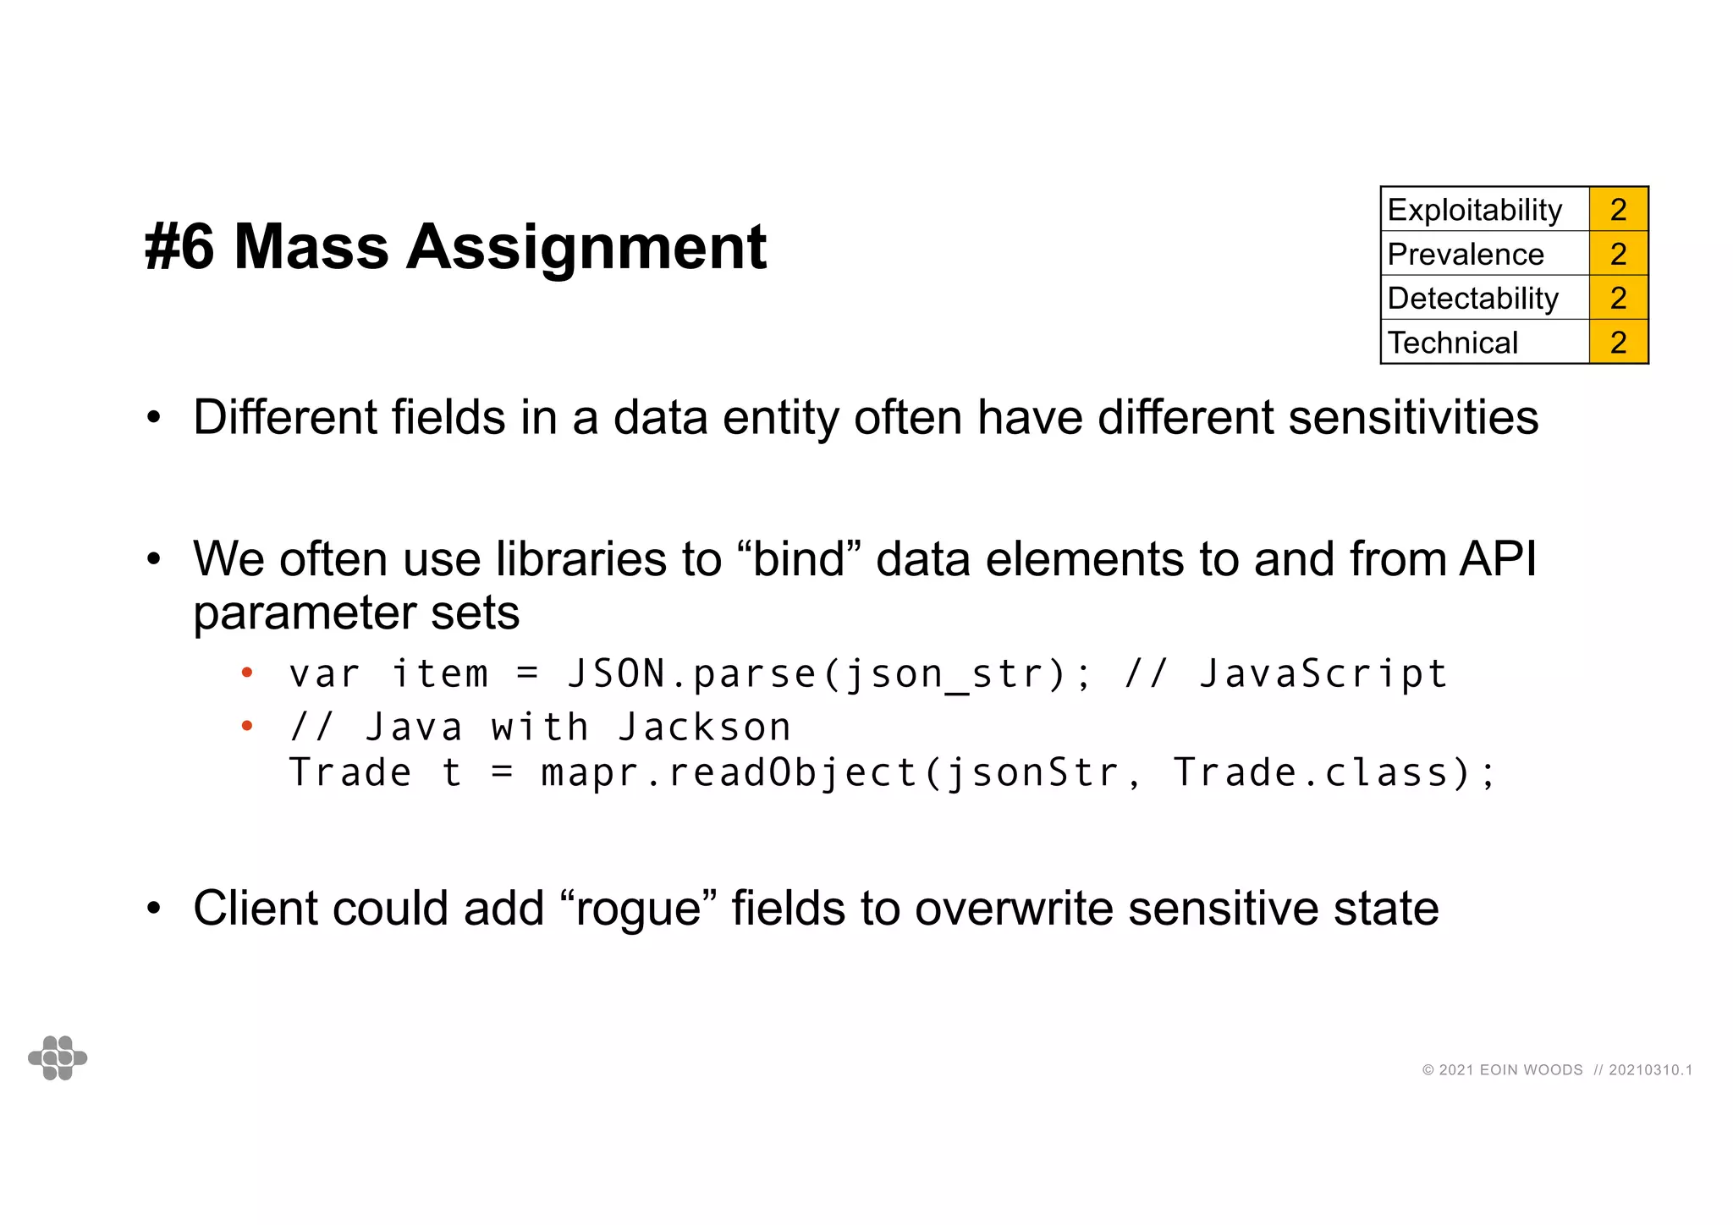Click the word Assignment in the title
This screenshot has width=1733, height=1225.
586,247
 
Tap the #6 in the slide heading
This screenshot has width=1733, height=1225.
179,247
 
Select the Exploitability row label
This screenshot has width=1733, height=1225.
1474,210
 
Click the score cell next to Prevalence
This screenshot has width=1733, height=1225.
1618,254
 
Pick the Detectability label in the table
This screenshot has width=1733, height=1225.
1472,298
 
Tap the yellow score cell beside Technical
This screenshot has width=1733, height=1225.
1618,343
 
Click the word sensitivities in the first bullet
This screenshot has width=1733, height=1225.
1413,418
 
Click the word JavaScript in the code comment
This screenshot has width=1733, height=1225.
1323,675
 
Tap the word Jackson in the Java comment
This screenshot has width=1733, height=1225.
704,728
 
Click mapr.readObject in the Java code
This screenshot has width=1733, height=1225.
729,773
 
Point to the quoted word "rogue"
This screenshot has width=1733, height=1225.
641,909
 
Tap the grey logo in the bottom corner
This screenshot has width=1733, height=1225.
58,1057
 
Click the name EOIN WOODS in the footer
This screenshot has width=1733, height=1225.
1531,1070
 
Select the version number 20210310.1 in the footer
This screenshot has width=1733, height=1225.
1650,1070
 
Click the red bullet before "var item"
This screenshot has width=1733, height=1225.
247,673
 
